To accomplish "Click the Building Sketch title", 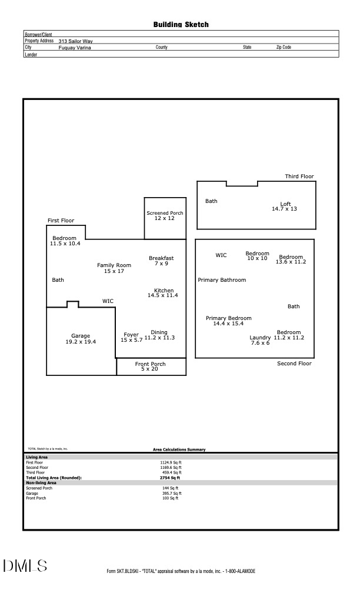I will pyautogui.click(x=181, y=25).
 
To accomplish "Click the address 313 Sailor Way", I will pyautogui.click(x=76, y=41).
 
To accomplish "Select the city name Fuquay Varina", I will pyautogui.click(x=75, y=48).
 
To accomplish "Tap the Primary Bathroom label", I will pyautogui.click(x=222, y=280).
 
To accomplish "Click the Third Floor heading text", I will pyautogui.click(x=299, y=176).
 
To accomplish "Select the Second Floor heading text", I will pyautogui.click(x=294, y=364).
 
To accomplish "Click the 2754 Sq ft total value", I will pyautogui.click(x=171, y=478).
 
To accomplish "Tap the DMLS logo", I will pyautogui.click(x=25, y=566).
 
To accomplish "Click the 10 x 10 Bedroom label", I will pyautogui.click(x=257, y=256).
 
